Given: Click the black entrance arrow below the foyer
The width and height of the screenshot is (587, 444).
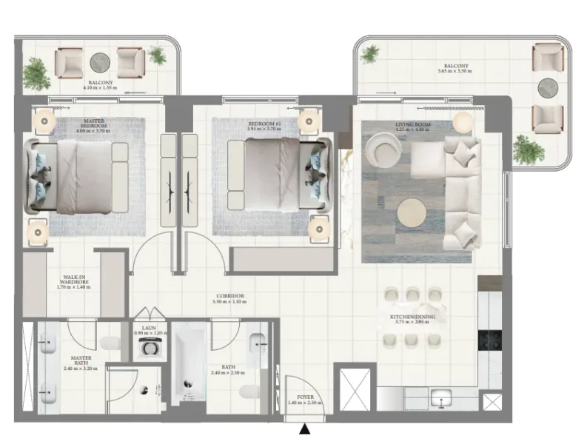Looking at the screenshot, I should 304,429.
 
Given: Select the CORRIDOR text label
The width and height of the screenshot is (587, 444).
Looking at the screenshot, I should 228,296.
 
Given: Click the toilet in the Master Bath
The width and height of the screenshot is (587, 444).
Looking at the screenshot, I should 110,344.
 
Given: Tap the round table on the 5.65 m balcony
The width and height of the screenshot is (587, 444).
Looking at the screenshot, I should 548,87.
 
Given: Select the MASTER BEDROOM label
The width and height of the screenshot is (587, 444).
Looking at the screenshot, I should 94,124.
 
